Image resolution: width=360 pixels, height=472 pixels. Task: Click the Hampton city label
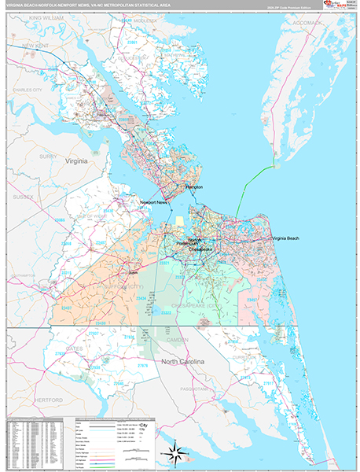(x=193, y=187)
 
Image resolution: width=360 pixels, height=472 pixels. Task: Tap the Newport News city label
(x=153, y=203)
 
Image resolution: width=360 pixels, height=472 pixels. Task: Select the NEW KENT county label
(x=36, y=46)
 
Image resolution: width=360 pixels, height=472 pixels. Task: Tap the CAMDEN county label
(x=177, y=339)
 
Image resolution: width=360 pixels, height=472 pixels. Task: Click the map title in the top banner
(x=86, y=5)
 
